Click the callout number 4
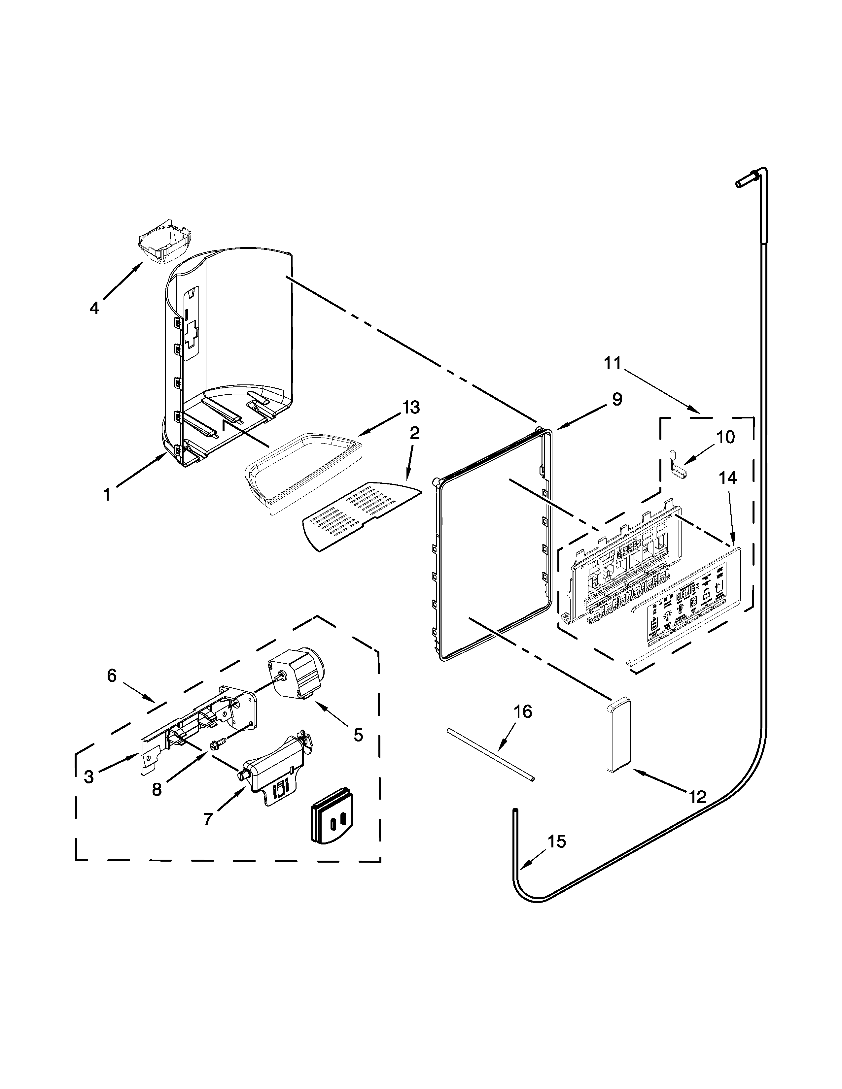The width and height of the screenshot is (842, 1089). (x=94, y=308)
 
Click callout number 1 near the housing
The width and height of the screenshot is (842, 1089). (x=106, y=495)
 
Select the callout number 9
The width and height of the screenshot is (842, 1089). (x=617, y=399)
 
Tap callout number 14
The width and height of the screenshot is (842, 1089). (x=727, y=478)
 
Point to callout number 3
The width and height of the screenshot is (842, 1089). (x=89, y=776)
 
